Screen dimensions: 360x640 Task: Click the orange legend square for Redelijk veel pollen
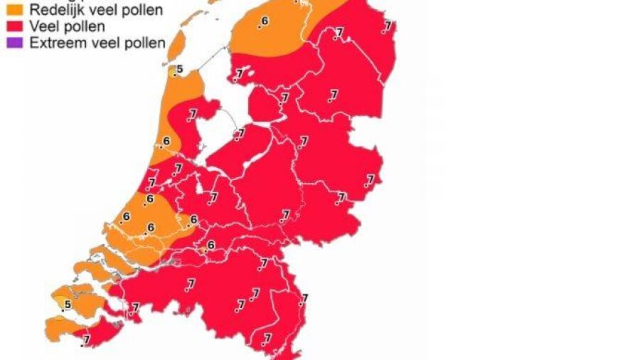[14, 10]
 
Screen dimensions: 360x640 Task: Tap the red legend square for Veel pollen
[14, 27]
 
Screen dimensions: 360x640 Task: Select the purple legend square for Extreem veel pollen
[14, 43]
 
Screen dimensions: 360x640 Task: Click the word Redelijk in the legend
[50, 10]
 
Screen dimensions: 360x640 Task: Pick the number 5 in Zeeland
[68, 305]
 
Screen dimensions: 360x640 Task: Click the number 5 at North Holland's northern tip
[179, 69]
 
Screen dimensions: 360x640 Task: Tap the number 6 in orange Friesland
[265, 21]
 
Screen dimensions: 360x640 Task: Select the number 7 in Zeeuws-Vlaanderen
[87, 340]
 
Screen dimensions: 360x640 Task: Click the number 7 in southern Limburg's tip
[268, 338]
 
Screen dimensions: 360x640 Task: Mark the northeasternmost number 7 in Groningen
[388, 26]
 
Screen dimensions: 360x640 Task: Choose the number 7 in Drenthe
[334, 94]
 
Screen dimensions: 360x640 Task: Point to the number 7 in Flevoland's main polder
[241, 132]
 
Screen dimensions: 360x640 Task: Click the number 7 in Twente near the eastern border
[370, 179]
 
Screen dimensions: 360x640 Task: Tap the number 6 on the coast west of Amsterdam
[166, 141]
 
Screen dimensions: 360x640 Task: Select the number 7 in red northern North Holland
[193, 112]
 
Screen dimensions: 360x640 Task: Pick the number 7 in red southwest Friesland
[240, 73]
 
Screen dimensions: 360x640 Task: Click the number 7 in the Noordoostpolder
[285, 97]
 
